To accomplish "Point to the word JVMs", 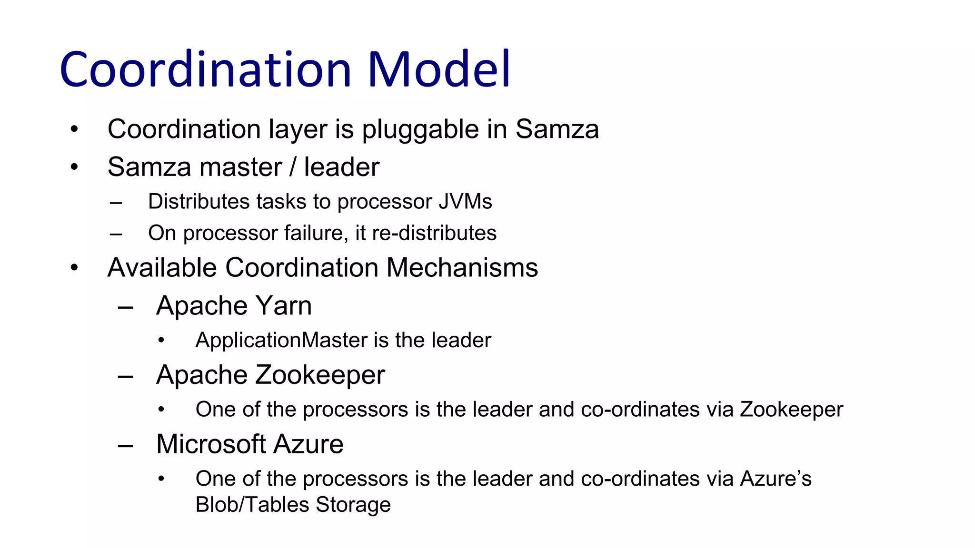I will click(465, 202).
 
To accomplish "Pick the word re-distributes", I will click(434, 233).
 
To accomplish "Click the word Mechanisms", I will click(462, 267).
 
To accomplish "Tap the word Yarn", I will click(284, 305).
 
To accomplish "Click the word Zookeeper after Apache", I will click(320, 375).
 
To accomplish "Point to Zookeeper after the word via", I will click(791, 410).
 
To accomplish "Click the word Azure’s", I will click(776, 479).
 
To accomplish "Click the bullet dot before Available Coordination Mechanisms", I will click(74, 268).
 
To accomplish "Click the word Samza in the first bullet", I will click(557, 129).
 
